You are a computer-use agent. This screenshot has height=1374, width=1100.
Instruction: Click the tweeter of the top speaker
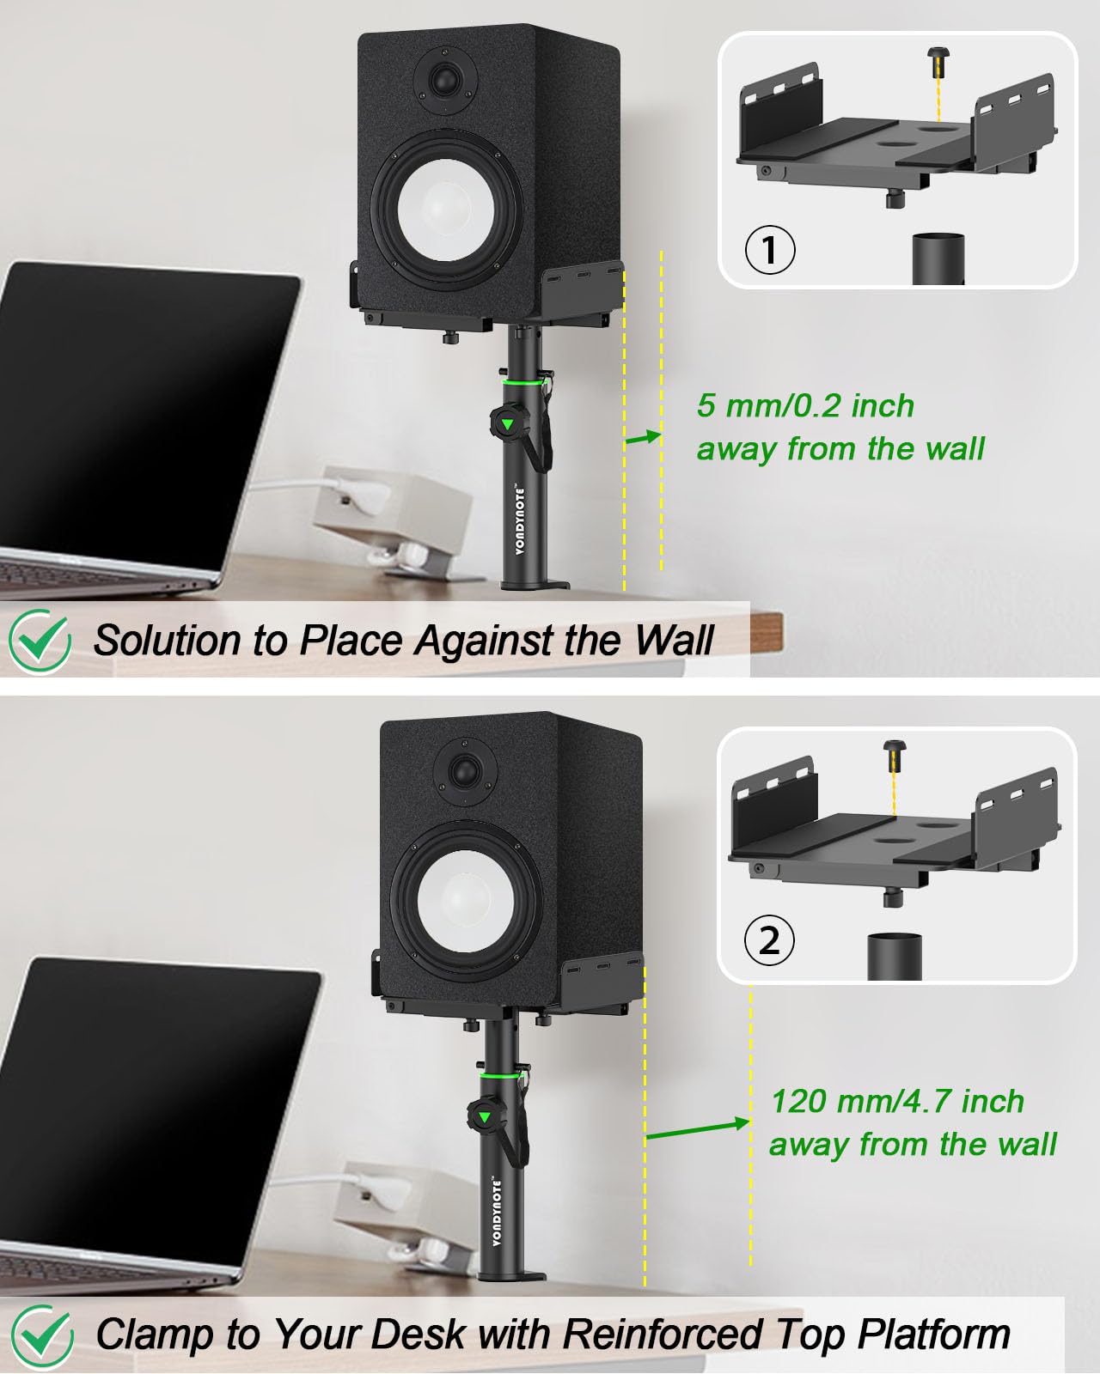pos(444,82)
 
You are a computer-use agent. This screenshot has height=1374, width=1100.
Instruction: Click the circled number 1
pos(769,250)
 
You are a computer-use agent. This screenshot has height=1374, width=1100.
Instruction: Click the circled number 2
pos(769,940)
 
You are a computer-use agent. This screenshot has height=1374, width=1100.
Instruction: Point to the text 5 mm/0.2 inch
pos(805,405)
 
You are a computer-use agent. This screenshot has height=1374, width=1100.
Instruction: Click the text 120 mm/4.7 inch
pos(896,1101)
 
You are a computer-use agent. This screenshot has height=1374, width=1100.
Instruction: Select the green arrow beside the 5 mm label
pos(642,438)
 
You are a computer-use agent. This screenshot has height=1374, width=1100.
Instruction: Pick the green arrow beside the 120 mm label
pos(697,1129)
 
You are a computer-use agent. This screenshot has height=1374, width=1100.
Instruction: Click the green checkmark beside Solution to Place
pos(40,640)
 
